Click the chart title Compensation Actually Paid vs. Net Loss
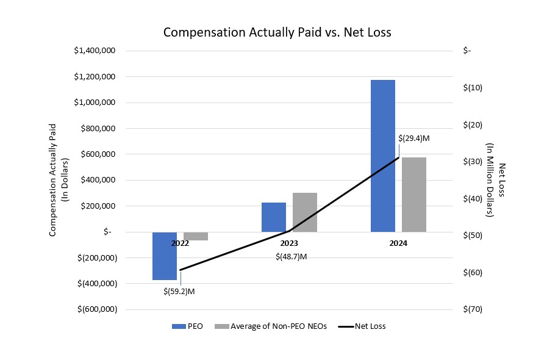pos(277,32)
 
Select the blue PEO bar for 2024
pos(382,156)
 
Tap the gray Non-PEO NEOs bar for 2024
pos(413,194)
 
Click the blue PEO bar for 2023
pos(274,217)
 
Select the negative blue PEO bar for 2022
pos(164,256)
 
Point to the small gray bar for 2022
pos(195,236)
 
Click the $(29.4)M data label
pos(413,139)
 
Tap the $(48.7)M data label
pos(290,256)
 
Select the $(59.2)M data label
pos(179,291)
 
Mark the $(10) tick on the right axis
pos(473,88)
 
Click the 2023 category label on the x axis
pos(289,243)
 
